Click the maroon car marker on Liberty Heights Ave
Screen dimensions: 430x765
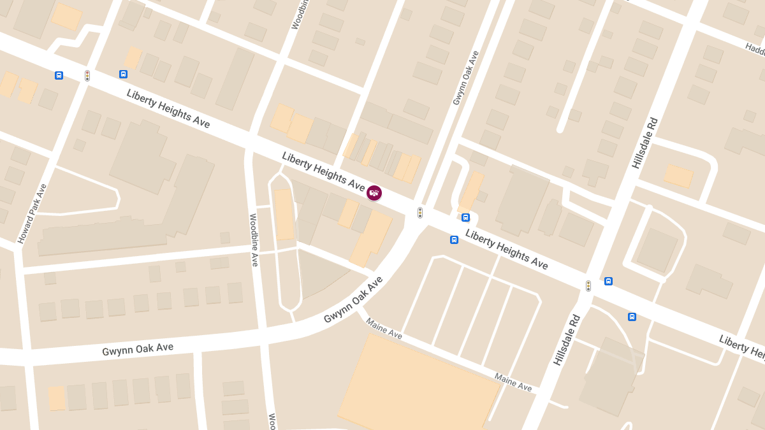[x=374, y=192]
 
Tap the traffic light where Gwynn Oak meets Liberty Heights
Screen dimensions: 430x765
[x=419, y=212]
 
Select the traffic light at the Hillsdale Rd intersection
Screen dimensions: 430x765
[x=588, y=286]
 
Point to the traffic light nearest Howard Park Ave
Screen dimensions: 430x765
[x=87, y=76]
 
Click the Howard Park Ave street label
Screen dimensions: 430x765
[x=33, y=214]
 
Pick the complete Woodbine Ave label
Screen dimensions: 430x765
[x=253, y=240]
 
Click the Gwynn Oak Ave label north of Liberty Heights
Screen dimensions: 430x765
[x=465, y=78]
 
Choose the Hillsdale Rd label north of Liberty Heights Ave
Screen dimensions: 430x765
[x=645, y=143]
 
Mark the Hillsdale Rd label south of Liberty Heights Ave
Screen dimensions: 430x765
[x=567, y=340]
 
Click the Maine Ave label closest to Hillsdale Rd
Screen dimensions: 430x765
[x=513, y=382]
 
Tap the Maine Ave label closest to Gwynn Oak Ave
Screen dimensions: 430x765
[x=384, y=328]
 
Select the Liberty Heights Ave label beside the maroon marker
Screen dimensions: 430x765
[x=323, y=171]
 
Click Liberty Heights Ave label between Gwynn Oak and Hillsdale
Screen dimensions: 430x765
[x=506, y=249]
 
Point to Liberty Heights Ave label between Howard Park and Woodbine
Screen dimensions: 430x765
[x=168, y=108]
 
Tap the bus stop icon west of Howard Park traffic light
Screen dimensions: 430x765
[x=59, y=75]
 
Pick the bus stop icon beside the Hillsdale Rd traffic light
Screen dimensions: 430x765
[x=608, y=281]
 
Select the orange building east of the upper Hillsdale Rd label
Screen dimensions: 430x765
[x=678, y=176]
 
